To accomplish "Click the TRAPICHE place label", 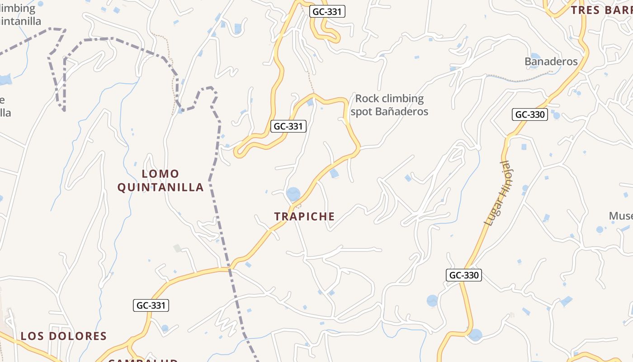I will (304, 216).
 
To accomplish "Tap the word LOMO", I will (161, 174).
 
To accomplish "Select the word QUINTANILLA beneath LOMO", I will (161, 187).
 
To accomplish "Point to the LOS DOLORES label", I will (64, 336).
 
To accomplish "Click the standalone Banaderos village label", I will (551, 62).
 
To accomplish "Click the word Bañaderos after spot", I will (402, 111).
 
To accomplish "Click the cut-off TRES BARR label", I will (601, 10).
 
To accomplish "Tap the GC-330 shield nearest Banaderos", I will (530, 114).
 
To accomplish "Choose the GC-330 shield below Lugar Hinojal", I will (464, 275).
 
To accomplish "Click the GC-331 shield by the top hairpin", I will (327, 11).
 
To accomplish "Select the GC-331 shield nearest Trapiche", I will (288, 126).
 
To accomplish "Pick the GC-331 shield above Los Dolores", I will (151, 305).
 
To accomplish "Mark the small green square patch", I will (177, 248).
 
